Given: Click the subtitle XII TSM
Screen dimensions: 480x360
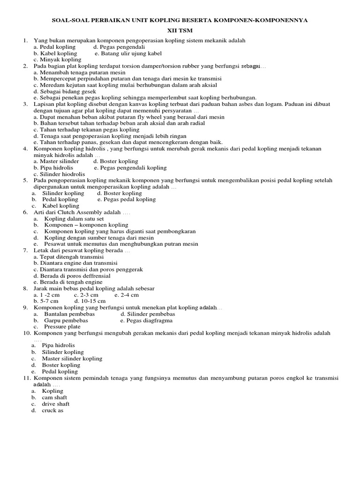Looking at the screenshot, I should click(x=180, y=30).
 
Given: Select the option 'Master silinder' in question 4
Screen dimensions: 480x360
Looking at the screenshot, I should click(x=56, y=161).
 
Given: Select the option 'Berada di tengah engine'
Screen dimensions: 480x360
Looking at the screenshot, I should click(x=67, y=282).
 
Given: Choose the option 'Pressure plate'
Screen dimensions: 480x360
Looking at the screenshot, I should click(x=62, y=327).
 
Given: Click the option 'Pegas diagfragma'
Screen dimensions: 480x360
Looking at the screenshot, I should click(x=146, y=321).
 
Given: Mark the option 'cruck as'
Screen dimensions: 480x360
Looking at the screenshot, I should click(x=52, y=410).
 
